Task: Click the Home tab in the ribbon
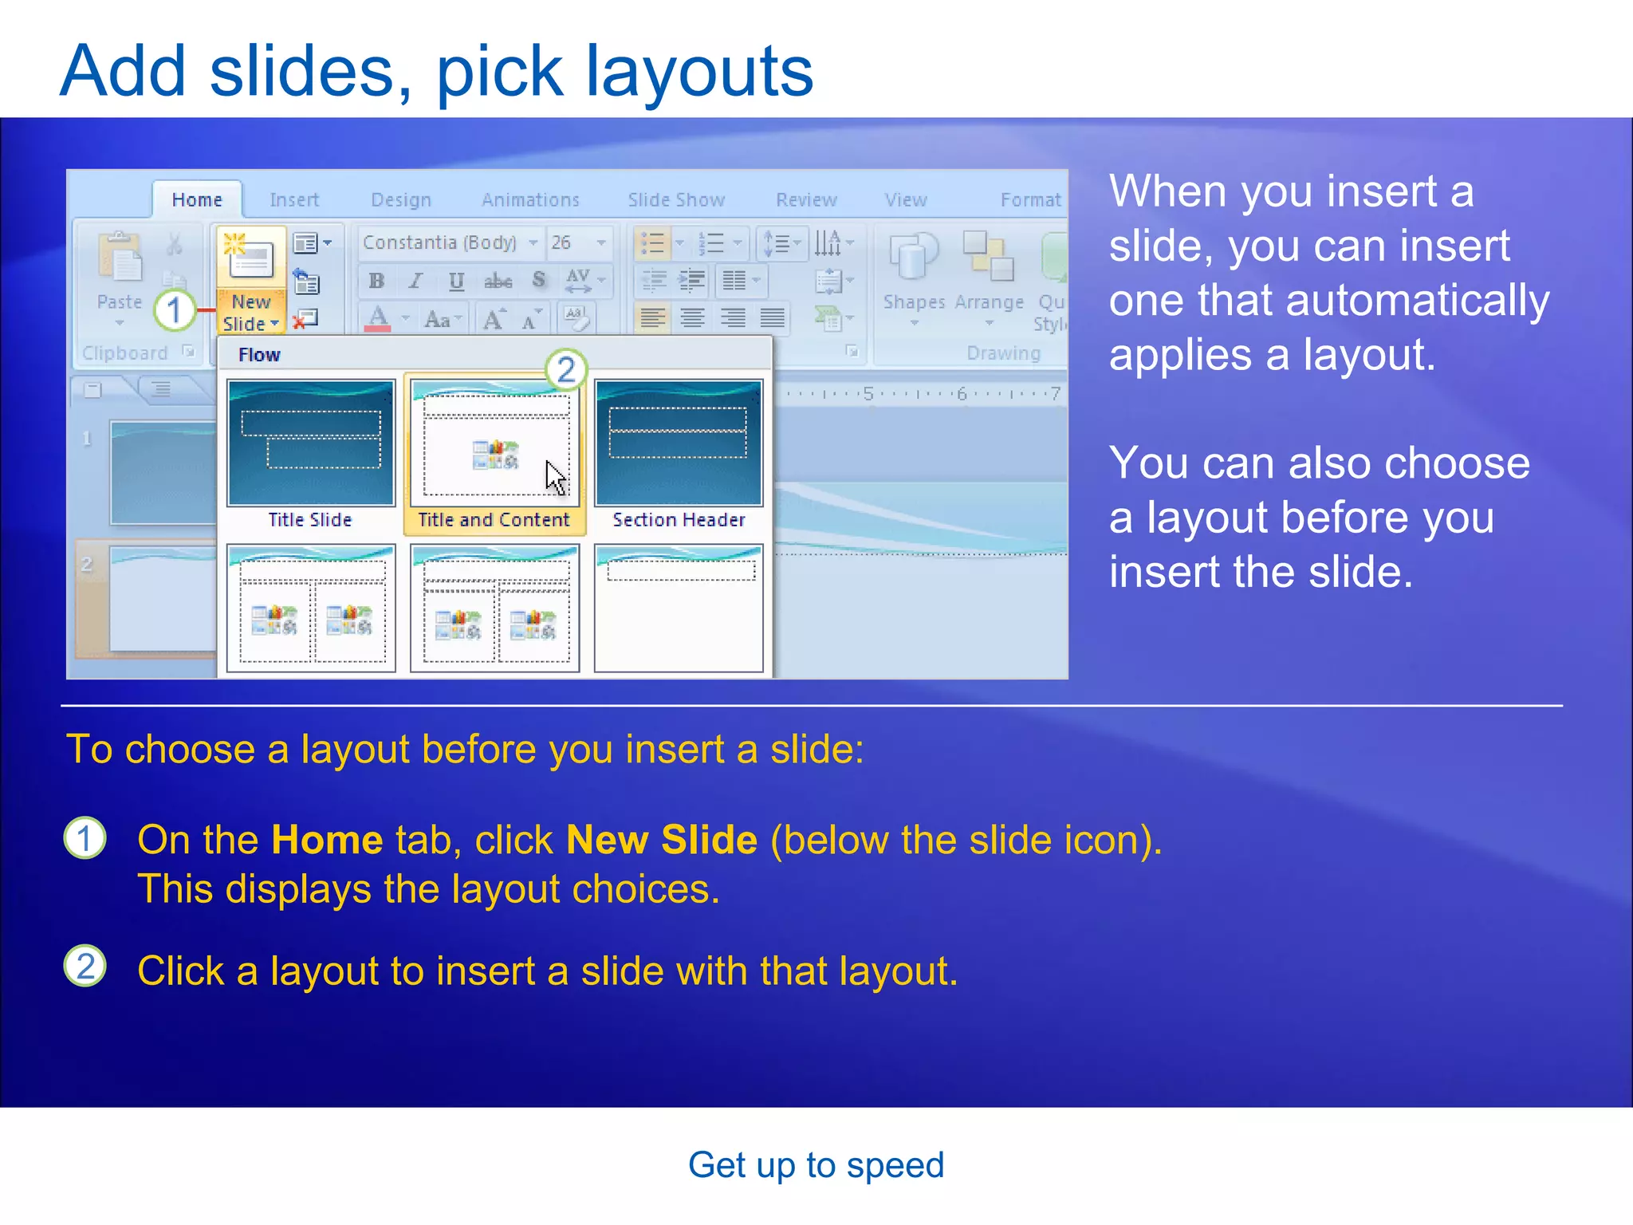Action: coord(197,199)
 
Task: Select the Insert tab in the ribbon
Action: coord(293,199)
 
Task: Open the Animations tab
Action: coord(530,199)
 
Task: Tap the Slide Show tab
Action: coord(676,199)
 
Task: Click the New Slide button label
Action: coord(250,313)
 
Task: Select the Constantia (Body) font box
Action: coord(440,242)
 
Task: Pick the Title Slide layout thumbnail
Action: coord(310,443)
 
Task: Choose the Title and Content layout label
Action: coord(494,520)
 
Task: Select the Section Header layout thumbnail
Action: coord(679,443)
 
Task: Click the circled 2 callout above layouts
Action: coord(566,370)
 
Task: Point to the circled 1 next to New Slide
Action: coord(175,310)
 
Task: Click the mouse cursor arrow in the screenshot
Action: coord(555,477)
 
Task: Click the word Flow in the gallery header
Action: coord(259,355)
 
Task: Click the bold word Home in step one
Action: coord(327,840)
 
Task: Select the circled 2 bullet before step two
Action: coord(85,966)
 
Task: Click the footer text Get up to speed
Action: coord(816,1165)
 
